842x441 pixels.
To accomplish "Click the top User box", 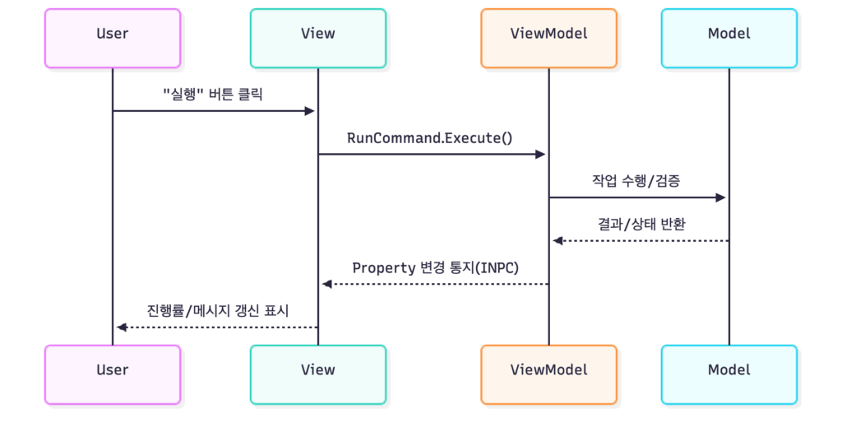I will (113, 38).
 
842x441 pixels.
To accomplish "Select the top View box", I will (318, 38).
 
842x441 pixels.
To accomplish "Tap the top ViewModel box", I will (548, 38).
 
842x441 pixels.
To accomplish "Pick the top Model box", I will (729, 38).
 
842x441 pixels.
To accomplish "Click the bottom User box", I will (113, 374).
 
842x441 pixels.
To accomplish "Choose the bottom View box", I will (318, 374).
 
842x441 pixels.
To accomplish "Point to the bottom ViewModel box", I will (548, 374).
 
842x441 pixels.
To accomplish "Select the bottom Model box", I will (729, 374).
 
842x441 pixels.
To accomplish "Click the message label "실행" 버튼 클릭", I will (213, 94).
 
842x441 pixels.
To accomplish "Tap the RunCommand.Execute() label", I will (429, 137).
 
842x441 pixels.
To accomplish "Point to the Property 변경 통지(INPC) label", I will (435, 267).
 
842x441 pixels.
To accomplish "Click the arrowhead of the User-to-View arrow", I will (310, 111).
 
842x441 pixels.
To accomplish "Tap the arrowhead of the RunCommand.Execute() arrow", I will (540, 154).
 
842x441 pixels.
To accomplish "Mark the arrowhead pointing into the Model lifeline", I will (720, 197).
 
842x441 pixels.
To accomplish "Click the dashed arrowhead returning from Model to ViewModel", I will (557, 240).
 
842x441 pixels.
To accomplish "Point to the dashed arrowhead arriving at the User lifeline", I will (122, 327).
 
